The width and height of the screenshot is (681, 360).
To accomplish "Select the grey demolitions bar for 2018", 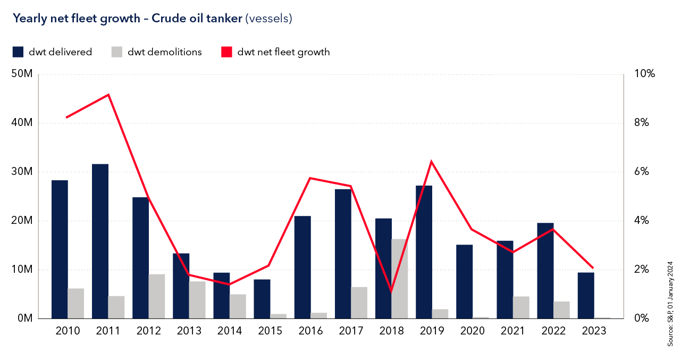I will pyautogui.click(x=399, y=279).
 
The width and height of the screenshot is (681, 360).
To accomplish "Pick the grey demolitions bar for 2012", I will pyautogui.click(x=156, y=296).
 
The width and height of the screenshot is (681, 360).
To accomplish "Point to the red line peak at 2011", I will pyautogui.click(x=108, y=95).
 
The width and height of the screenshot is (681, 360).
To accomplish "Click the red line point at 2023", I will pyautogui.click(x=593, y=268).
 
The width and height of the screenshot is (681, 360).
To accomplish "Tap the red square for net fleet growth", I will pyautogui.click(x=227, y=52).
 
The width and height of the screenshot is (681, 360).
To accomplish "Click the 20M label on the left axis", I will pyautogui.click(x=22, y=221).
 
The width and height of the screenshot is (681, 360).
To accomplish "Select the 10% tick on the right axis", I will pyautogui.click(x=645, y=74).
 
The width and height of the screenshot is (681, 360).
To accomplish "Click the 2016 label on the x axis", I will pyautogui.click(x=310, y=331).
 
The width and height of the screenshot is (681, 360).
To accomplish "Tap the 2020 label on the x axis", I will pyautogui.click(x=472, y=331).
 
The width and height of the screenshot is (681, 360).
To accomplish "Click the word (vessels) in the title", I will pyautogui.click(x=268, y=19).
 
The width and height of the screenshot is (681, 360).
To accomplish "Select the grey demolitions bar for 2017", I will pyautogui.click(x=359, y=303).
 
